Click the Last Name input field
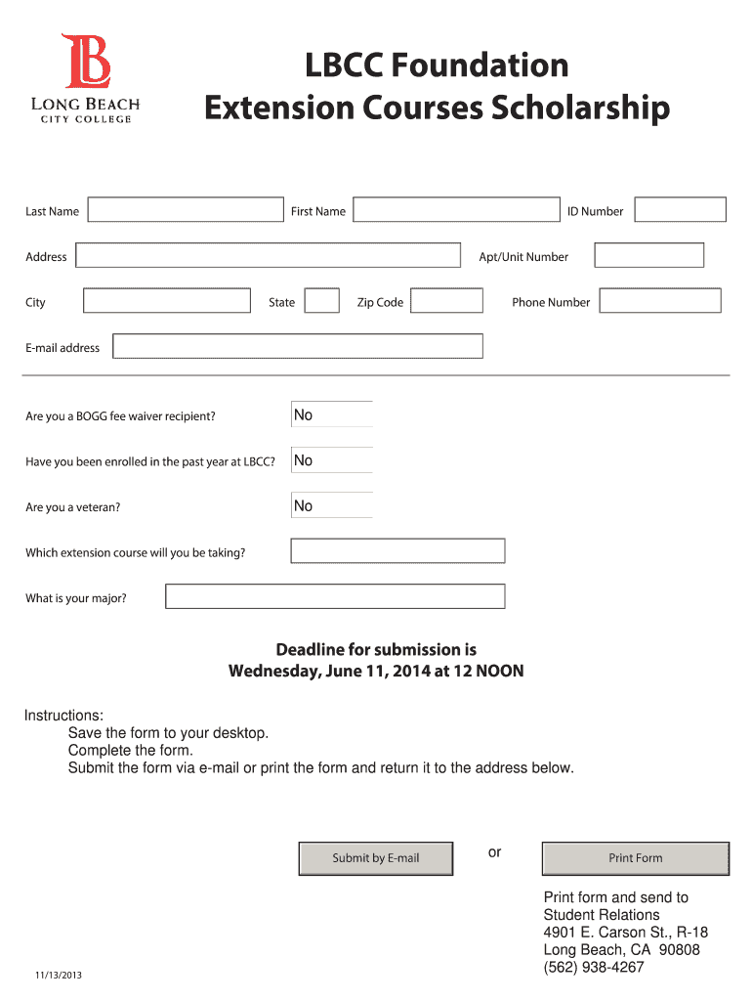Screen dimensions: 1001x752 [x=185, y=210]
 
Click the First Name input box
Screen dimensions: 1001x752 [x=456, y=210]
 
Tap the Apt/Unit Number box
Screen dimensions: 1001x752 [x=648, y=256]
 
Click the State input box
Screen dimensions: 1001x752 [x=321, y=301]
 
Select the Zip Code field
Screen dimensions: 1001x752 [x=446, y=301]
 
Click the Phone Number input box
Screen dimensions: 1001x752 [x=660, y=301]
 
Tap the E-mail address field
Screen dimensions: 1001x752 [x=298, y=347]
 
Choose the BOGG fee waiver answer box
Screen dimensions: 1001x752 [x=332, y=414]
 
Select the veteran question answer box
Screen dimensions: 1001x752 [x=332, y=505]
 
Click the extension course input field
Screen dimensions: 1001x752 [x=397, y=551]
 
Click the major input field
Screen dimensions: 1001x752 [x=335, y=596]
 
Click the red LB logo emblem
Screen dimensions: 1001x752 [x=86, y=61]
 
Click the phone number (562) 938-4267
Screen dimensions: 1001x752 [x=594, y=968]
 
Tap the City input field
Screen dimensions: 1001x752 [x=167, y=301]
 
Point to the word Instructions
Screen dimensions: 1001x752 [x=63, y=716]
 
